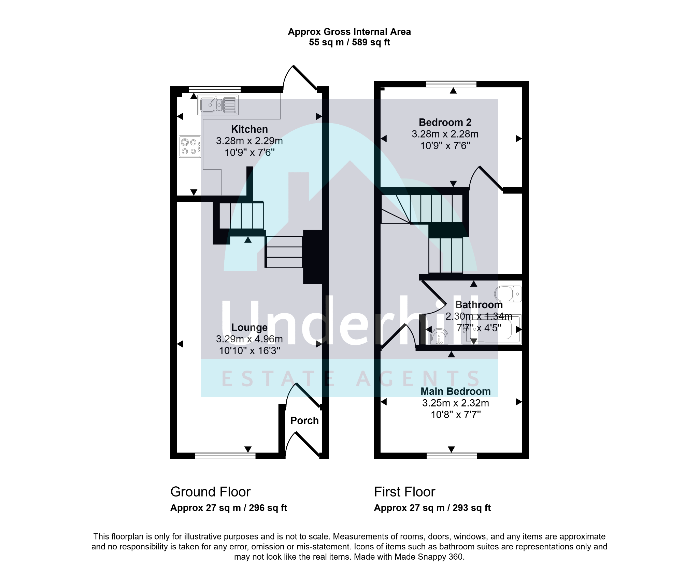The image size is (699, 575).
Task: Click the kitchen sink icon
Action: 218,105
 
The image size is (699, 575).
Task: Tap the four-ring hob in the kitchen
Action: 190,147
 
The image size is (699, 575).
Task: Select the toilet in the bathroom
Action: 508,294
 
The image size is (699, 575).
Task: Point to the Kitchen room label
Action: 249,129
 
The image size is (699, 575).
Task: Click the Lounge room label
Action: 249,328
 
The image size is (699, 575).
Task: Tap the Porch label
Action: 304,420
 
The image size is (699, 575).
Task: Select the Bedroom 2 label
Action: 445,122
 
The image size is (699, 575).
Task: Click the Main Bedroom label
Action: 455,391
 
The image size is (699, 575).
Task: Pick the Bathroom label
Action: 479,305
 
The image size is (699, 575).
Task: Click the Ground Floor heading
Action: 210,492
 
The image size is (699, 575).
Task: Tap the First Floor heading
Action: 404,492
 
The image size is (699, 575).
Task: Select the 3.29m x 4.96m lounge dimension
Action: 249,339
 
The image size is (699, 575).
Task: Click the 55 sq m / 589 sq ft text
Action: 349,42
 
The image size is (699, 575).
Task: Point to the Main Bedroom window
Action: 452,456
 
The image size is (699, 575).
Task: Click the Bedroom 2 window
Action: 451,84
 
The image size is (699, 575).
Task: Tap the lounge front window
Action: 225,456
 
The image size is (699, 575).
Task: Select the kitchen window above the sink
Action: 214,89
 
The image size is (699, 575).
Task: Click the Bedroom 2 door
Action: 486,178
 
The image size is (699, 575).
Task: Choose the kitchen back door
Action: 300,78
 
